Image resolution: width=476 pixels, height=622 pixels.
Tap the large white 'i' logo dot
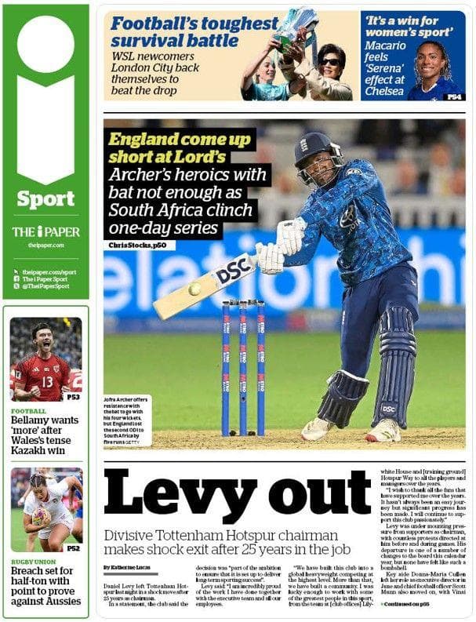tap(45, 44)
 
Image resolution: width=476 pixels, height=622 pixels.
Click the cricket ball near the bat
tap(194, 289)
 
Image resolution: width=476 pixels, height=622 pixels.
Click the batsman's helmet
tap(318, 149)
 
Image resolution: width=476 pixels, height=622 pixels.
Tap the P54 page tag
tap(454, 96)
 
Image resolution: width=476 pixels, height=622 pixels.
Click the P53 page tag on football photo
tap(72, 397)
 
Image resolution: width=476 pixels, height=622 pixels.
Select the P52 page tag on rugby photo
tap(72, 548)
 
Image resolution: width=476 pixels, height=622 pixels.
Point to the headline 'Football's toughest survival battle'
tap(194, 31)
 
